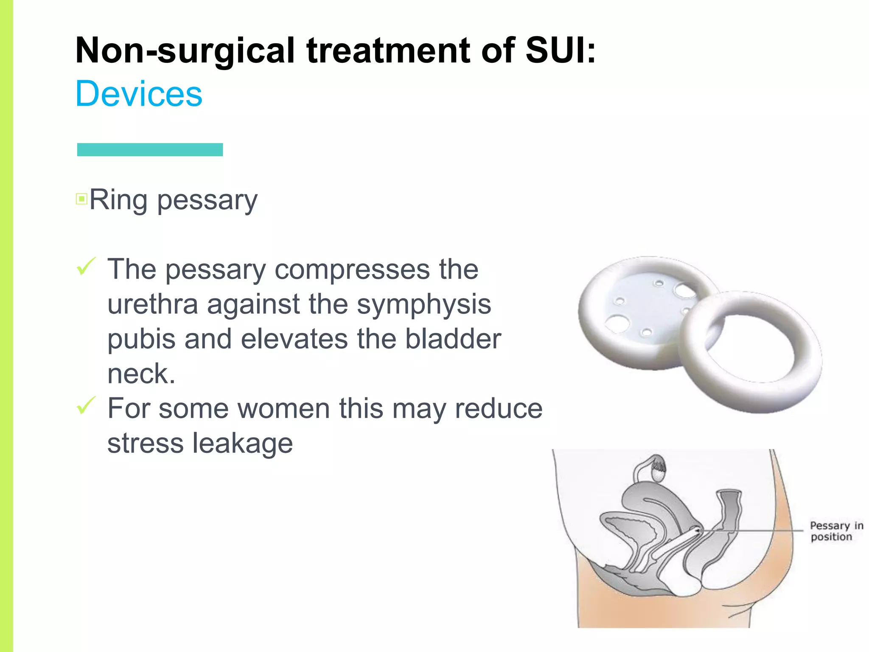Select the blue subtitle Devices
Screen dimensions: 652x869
click(139, 94)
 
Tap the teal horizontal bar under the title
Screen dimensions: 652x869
click(150, 149)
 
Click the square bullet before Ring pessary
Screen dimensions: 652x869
click(81, 199)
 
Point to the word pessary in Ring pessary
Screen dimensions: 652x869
click(207, 200)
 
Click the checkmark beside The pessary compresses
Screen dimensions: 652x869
click(86, 267)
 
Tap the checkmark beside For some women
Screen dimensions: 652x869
click(86, 405)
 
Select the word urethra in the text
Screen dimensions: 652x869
click(152, 304)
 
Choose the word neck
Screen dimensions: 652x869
click(141, 374)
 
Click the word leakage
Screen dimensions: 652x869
click(243, 444)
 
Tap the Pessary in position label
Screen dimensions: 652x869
click(836, 531)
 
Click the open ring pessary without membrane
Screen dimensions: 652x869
click(806, 361)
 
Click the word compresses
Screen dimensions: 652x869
click(352, 270)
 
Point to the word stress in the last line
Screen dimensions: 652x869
click(145, 444)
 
